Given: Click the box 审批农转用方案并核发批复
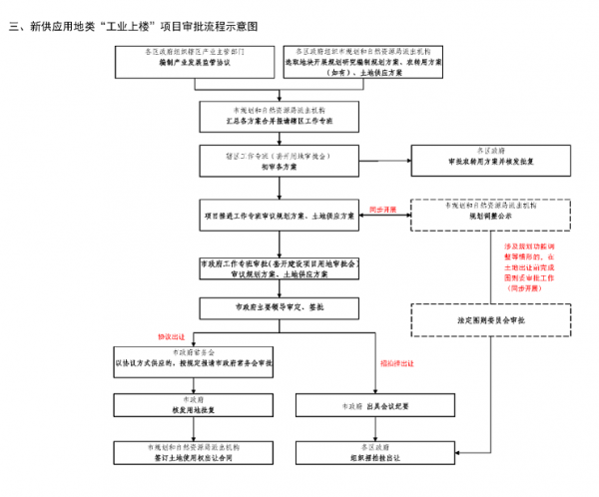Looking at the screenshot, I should pyautogui.click(x=490, y=161).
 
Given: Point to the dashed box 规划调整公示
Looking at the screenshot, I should pyautogui.click(x=490, y=214).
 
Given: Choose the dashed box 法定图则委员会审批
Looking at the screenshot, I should pyautogui.click(x=490, y=319).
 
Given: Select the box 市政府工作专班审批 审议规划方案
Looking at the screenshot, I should pyautogui.click(x=279, y=267).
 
